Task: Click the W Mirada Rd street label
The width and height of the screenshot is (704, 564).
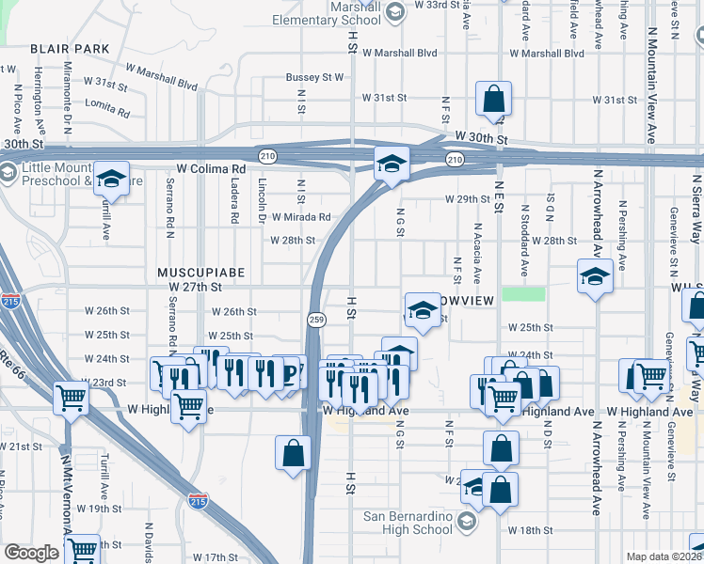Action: click(x=301, y=216)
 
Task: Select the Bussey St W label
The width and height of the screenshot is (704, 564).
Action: click(x=314, y=77)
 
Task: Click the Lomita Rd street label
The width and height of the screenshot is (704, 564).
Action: click(x=110, y=109)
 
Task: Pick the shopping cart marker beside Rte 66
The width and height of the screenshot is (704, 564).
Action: click(x=72, y=399)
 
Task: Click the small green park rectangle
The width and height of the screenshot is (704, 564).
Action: click(x=523, y=293)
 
